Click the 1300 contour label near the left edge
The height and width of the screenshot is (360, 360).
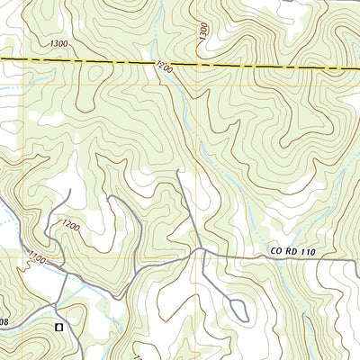click(x=59, y=43)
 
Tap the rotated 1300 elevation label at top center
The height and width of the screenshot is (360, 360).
click(x=204, y=31)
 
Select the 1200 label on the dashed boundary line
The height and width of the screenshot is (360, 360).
click(x=163, y=66)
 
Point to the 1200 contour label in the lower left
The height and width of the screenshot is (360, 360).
click(x=70, y=225)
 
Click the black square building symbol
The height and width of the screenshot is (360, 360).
click(x=59, y=327)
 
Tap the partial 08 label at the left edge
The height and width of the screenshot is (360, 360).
click(x=4, y=319)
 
